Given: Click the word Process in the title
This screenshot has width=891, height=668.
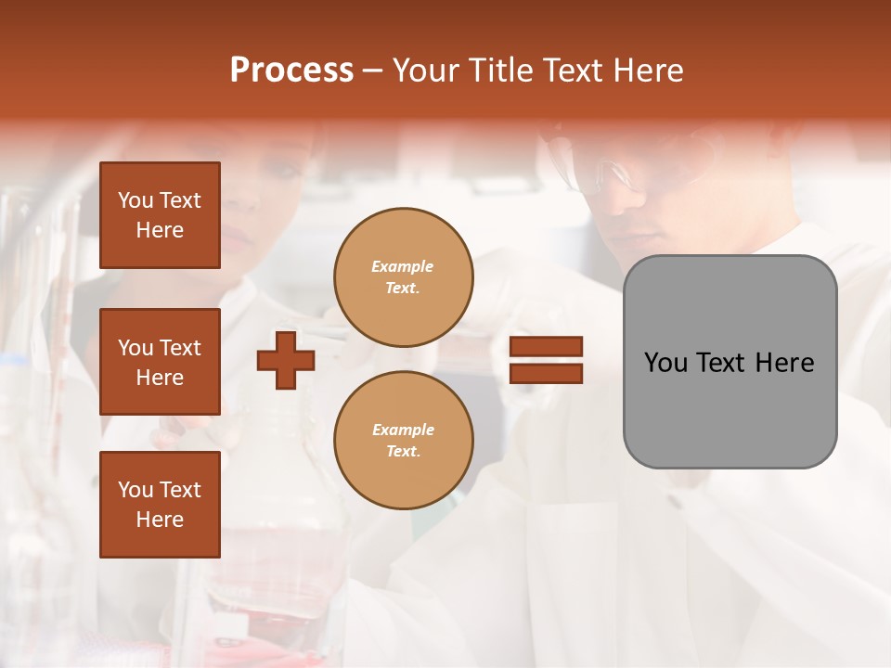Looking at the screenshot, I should pos(291,71).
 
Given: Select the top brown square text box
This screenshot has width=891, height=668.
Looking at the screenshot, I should pos(160,215).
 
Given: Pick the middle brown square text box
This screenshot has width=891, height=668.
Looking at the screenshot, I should pos(160,362).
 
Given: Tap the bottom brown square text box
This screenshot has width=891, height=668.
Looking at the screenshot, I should pos(160,504).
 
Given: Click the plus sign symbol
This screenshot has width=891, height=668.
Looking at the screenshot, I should pos(286,361).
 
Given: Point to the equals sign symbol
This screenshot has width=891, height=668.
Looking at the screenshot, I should pos(547,361).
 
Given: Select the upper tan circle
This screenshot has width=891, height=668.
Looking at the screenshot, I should pos(404,277).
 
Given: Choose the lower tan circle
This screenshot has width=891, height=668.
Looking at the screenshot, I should pos(404,441).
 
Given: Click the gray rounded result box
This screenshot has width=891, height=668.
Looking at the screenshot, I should pos(730,361).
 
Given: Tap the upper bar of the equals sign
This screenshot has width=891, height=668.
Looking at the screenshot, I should pos(547,347).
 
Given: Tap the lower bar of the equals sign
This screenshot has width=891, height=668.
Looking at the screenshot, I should pos(547,374).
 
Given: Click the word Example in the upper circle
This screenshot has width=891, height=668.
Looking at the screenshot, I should pos(403,266).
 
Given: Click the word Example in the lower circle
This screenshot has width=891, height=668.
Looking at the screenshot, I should pos(403,430).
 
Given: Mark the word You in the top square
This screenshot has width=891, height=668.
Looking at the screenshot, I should pos(136,200).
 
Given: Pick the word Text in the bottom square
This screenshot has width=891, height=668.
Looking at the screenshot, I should pos(179,490).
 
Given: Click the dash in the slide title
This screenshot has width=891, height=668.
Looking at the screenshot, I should pos(372,71).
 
